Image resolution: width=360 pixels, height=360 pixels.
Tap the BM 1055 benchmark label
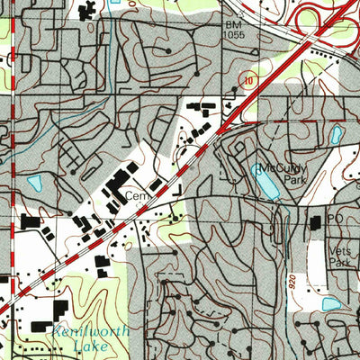pyautogui.click(x=236, y=29)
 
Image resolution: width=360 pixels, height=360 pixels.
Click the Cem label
pyautogui.click(x=136, y=194)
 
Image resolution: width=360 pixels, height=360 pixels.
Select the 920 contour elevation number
pyautogui.click(x=293, y=280)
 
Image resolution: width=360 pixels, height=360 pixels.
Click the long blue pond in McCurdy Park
pyautogui.click(x=265, y=185)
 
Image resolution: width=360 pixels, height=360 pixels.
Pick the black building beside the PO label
pyautogui.click(x=316, y=222)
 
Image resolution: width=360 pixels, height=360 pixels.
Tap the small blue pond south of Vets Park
pyautogui.click(x=331, y=303)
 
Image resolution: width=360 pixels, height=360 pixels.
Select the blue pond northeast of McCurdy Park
pyautogui.click(x=336, y=135)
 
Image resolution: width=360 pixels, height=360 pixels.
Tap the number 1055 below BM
pyautogui.click(x=236, y=34)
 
